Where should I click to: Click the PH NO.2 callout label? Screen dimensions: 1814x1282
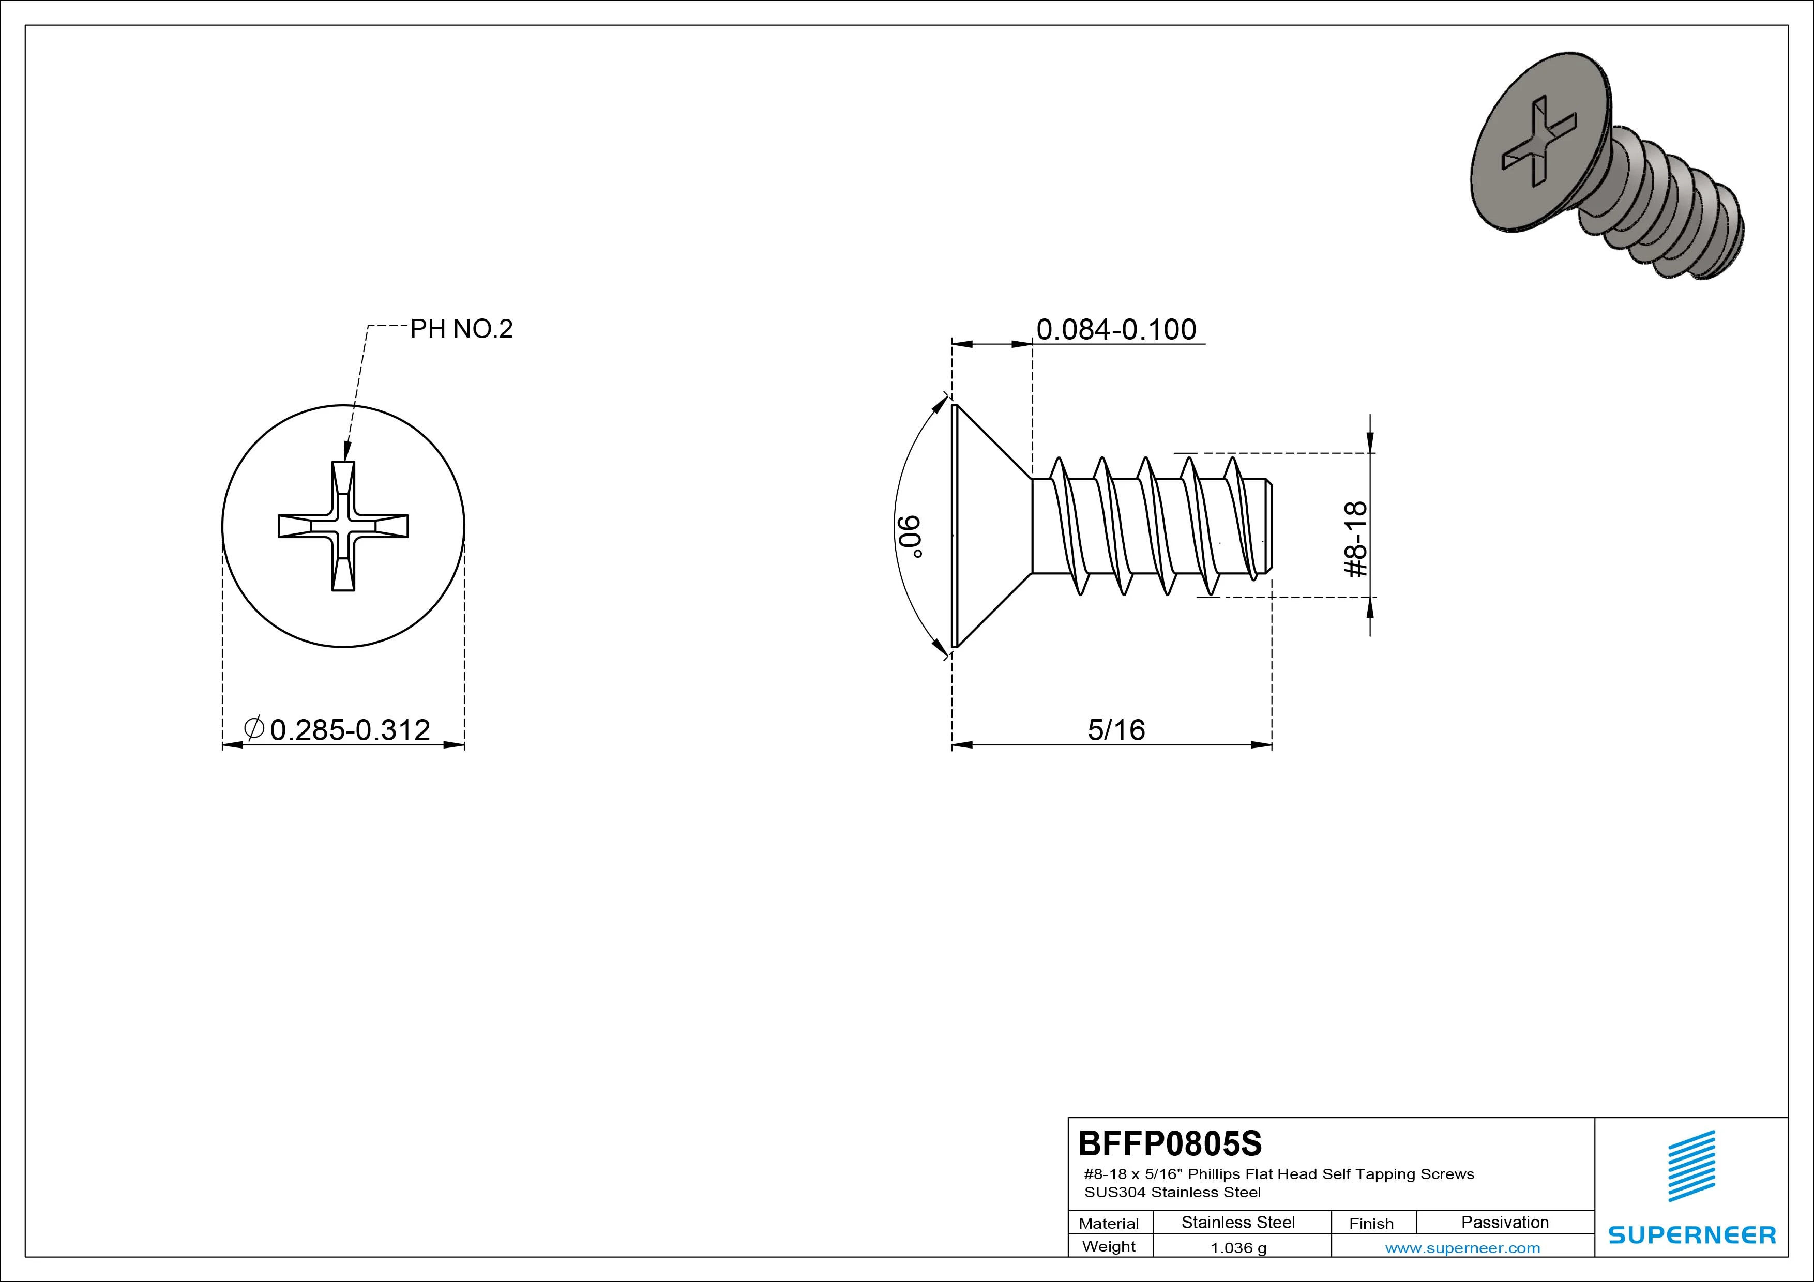(x=461, y=329)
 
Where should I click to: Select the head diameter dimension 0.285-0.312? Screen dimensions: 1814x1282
(x=350, y=730)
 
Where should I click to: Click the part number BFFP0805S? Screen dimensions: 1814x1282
(x=1170, y=1143)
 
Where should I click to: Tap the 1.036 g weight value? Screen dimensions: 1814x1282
(x=1238, y=1248)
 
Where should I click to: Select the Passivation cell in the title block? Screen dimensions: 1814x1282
(x=1505, y=1222)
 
